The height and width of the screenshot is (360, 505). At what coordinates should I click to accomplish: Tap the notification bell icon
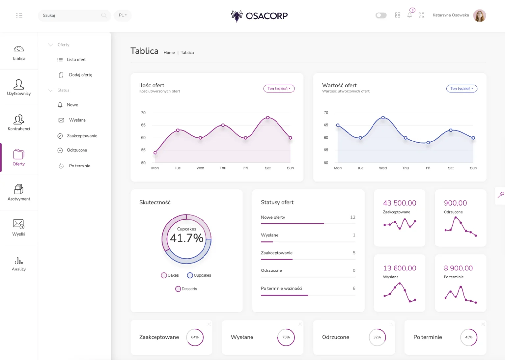point(409,15)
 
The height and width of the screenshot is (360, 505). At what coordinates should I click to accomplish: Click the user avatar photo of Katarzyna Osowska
point(479,15)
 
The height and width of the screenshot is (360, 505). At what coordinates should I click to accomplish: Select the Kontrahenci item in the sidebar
point(19,122)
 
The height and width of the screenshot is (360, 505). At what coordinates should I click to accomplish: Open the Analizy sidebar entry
point(19,264)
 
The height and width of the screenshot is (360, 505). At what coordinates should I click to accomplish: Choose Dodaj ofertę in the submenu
point(81,75)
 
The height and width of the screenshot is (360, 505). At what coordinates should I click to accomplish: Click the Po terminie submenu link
point(80,166)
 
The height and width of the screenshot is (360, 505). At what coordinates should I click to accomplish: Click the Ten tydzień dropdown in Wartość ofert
point(462,89)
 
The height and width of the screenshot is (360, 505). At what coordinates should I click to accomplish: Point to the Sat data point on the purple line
point(268,118)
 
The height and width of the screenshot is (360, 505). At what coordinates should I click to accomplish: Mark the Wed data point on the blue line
point(383,118)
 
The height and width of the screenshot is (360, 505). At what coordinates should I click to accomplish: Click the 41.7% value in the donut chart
point(186,238)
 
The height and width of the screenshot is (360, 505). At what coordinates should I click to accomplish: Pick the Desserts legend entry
point(186,289)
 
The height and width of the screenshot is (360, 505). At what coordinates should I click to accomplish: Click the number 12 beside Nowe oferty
point(353,217)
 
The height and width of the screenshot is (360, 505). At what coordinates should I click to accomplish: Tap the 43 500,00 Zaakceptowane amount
point(399,203)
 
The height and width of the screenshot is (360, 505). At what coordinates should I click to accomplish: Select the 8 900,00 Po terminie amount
point(458,268)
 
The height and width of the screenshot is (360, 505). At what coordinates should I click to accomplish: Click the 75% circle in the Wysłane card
point(286,337)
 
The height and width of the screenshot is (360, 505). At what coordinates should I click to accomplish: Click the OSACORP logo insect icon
point(237,15)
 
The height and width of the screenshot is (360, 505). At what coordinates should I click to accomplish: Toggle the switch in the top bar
point(381,15)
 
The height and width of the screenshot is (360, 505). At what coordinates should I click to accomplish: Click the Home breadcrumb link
point(169,53)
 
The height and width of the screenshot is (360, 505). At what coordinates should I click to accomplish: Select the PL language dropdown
point(123,15)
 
